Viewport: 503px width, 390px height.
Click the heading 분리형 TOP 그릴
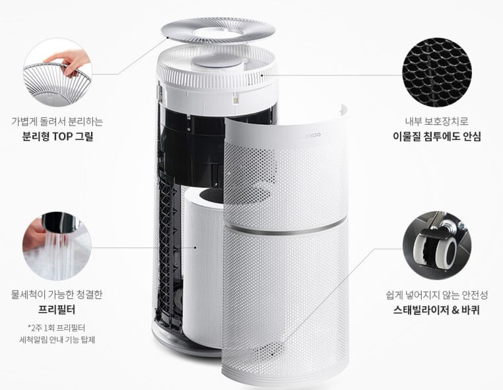(57, 137)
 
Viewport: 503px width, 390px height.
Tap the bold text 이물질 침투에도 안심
(436, 137)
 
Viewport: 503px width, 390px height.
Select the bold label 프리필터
(57, 309)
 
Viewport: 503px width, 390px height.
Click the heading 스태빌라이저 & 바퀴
(436, 310)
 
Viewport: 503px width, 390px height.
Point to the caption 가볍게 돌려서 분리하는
(57, 121)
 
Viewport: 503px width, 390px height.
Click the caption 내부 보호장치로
(436, 121)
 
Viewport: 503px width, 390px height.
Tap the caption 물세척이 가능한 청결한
(57, 294)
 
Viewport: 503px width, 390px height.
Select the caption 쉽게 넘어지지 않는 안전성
(436, 295)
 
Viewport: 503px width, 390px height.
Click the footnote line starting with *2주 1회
(57, 328)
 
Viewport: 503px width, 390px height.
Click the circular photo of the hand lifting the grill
(57, 73)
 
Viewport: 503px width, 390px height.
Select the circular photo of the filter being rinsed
(57, 246)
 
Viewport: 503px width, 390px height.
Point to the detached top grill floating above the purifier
(218, 30)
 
